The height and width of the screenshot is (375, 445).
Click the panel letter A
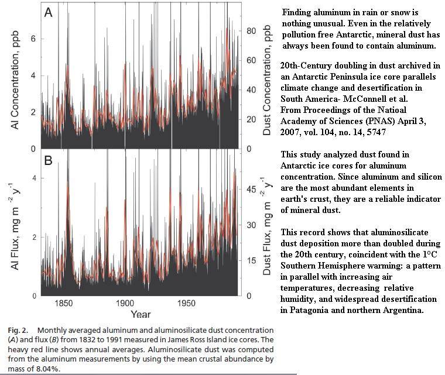(49, 13)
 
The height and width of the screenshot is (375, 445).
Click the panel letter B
(49, 160)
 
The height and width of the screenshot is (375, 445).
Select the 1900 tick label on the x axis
(125, 304)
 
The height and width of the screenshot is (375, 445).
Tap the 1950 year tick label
(187, 304)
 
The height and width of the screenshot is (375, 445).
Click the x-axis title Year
(141, 315)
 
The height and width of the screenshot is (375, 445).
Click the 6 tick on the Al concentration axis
(33, 39)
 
